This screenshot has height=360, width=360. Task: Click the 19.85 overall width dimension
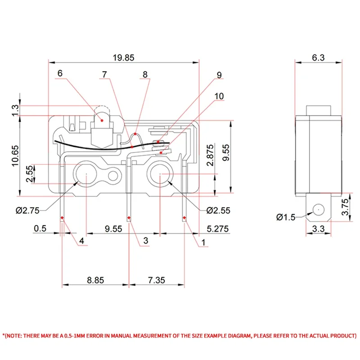point(124,58)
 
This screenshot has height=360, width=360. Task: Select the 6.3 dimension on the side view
point(317,58)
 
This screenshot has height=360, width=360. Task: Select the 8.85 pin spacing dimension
point(95,280)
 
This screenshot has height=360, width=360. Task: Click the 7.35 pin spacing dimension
point(156,280)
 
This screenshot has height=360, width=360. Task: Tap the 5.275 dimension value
point(217,229)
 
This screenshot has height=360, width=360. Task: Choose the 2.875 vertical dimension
point(210,155)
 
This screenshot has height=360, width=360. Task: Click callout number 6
point(60,73)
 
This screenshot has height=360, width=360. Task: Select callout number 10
point(219,96)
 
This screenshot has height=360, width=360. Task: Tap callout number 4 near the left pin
point(81,241)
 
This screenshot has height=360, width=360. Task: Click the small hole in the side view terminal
point(318,209)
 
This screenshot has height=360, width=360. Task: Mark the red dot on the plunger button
point(102,121)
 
